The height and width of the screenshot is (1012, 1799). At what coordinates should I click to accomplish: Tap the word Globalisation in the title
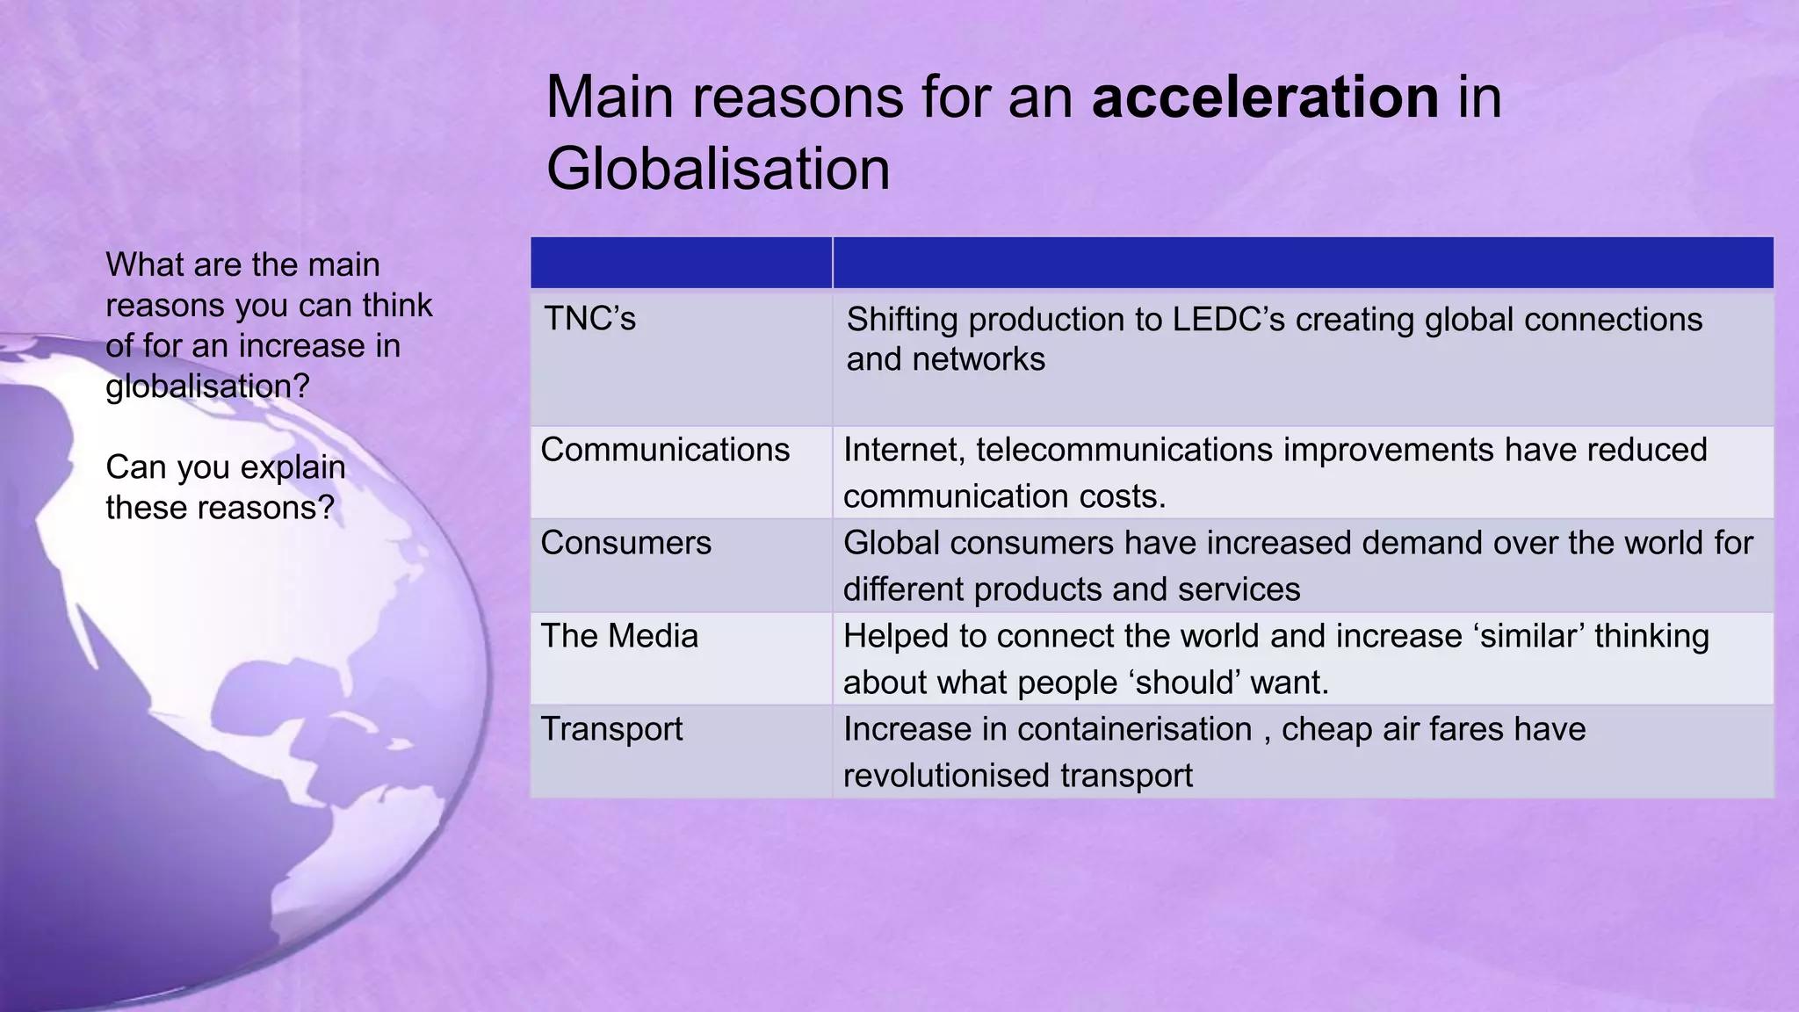click(x=718, y=169)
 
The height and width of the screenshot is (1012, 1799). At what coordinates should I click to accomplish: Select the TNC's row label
click(x=589, y=319)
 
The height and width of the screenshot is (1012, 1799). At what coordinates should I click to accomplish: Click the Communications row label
click(x=665, y=450)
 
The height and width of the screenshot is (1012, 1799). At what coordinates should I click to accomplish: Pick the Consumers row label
click(x=625, y=543)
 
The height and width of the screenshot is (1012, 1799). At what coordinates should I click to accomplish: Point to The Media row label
click(x=619, y=636)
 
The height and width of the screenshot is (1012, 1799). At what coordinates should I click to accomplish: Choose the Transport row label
click(x=611, y=729)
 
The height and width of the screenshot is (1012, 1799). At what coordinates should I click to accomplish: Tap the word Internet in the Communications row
click(x=904, y=450)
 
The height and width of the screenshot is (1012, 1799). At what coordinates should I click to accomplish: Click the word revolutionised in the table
click(x=946, y=776)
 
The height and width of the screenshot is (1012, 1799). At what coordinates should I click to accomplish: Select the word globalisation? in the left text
click(x=208, y=387)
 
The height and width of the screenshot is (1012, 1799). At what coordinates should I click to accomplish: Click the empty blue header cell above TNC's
click(x=681, y=263)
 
